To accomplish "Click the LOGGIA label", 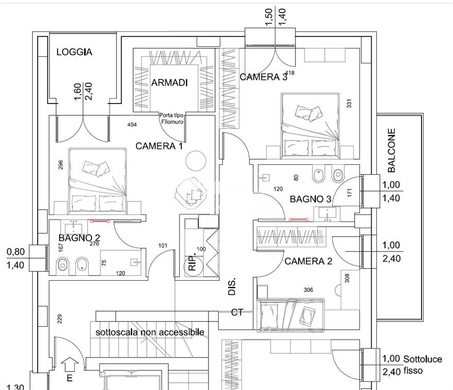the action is pos(74,52).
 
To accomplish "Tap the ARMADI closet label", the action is pos(169,82).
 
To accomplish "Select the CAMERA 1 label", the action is pos(159,146).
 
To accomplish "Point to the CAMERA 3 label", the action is pos(264,77).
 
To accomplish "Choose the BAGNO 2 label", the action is pos(79,238).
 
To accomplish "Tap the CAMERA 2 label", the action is pos(308,261).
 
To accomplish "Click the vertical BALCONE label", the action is pos(391,150).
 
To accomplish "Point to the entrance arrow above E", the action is pos(70,364).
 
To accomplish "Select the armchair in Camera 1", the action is pos(190,193).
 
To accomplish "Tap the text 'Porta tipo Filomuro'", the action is pos(172,118).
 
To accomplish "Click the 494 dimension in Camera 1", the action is pos(132,125).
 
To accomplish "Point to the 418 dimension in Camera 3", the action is pos(290,73).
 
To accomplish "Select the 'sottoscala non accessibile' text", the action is pos(150,332).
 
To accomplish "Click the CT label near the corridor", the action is pos(237,312).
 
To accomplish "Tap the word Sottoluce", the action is pos(423,359).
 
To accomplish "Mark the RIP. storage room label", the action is pos(193,261).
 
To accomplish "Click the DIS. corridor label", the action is pos(232,286).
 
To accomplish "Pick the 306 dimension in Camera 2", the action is pos(308,290).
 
